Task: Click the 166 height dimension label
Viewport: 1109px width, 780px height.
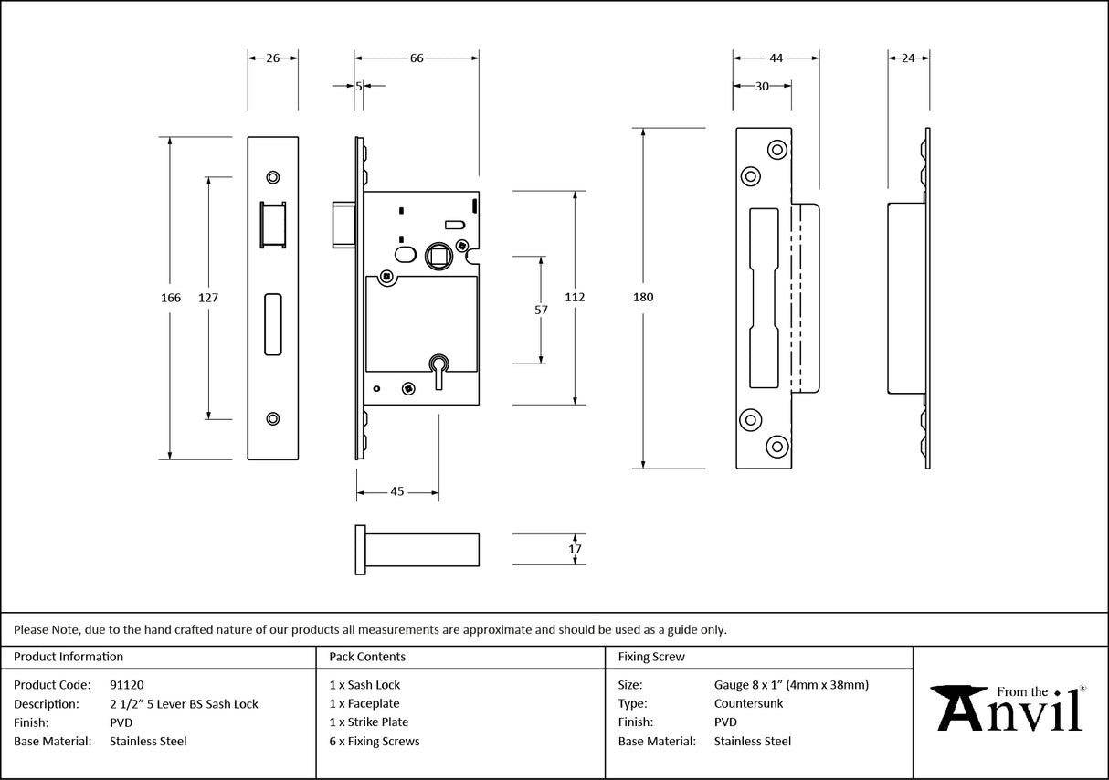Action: [x=170, y=298]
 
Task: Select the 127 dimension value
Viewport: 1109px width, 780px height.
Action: [x=208, y=298]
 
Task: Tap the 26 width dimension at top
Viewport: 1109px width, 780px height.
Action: [x=272, y=58]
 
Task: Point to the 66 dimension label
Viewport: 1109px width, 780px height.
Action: [x=416, y=58]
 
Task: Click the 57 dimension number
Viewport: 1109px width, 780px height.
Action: [x=541, y=310]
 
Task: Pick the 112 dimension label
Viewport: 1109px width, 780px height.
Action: [x=575, y=297]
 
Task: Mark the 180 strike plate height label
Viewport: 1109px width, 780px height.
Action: [x=643, y=297]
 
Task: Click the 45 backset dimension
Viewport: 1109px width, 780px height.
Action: [x=397, y=492]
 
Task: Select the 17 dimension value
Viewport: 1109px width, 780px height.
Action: [x=575, y=549]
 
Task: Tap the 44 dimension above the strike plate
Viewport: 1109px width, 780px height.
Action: [x=776, y=58]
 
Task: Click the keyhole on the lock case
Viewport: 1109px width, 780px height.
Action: [x=438, y=366]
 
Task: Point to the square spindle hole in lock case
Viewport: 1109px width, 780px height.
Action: [x=438, y=254]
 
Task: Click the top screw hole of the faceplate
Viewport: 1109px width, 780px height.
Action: [x=272, y=177]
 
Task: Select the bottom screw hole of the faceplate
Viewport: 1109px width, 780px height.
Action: [x=272, y=418]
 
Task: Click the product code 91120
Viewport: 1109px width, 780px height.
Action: [x=126, y=684]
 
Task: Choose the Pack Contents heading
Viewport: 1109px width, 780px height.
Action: [x=367, y=657]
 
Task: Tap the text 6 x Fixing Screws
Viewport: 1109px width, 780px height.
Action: [x=375, y=741]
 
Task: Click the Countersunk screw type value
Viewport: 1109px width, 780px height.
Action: [x=748, y=703]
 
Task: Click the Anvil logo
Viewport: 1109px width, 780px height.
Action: [x=1009, y=708]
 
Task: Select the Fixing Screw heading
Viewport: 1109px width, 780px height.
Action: [x=650, y=657]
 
